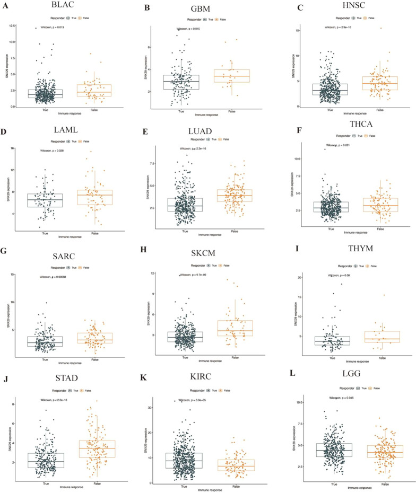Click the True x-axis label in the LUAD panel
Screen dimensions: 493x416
click(x=184, y=231)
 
